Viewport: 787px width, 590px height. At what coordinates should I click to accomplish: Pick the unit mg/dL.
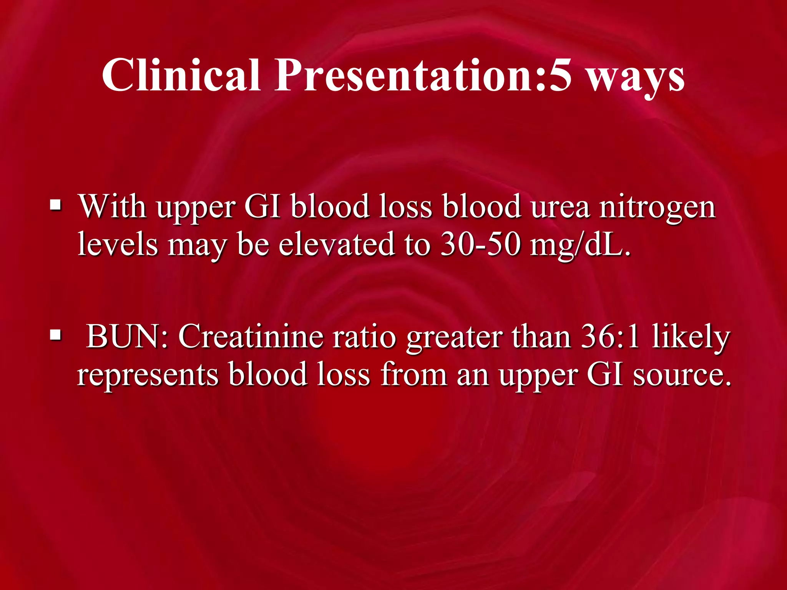[x=580, y=246]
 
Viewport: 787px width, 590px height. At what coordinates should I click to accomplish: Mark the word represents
[x=148, y=375]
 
